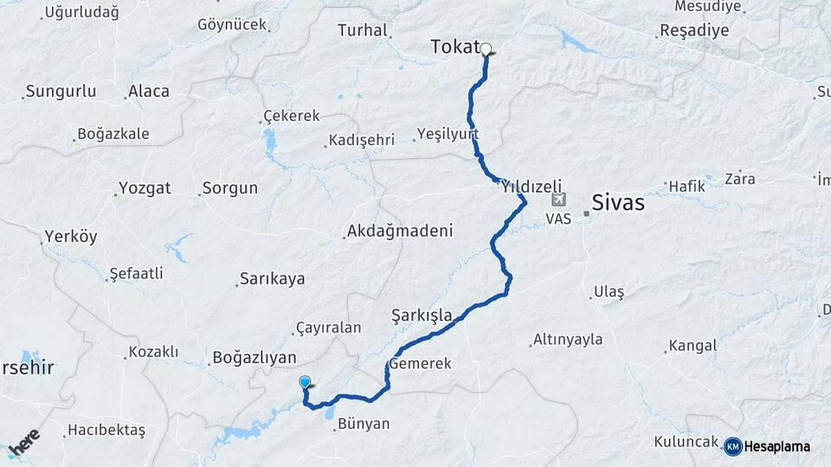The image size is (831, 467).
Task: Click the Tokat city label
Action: click(454, 48)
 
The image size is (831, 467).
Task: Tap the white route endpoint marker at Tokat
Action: click(486, 49)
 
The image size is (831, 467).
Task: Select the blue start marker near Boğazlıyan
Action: click(305, 382)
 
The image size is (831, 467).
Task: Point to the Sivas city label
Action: click(618, 203)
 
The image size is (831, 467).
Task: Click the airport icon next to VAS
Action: click(557, 201)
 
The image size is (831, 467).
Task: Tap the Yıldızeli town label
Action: click(531, 186)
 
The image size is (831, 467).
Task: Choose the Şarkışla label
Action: click(422, 316)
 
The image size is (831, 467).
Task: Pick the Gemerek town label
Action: click(421, 364)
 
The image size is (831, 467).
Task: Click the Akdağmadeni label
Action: click(399, 231)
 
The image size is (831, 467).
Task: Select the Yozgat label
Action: click(145, 188)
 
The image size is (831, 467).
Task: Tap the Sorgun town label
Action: click(229, 188)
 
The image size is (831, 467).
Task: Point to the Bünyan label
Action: click(364, 424)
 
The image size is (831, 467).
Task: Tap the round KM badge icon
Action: click(733, 446)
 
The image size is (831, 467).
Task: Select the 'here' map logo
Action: click(23, 443)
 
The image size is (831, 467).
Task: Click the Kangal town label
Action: click(692, 346)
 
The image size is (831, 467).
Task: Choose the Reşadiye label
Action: click(694, 30)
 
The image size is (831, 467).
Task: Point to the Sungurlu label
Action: click(59, 91)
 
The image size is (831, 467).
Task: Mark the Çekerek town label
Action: click(291, 116)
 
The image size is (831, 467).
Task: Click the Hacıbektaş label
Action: click(106, 429)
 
